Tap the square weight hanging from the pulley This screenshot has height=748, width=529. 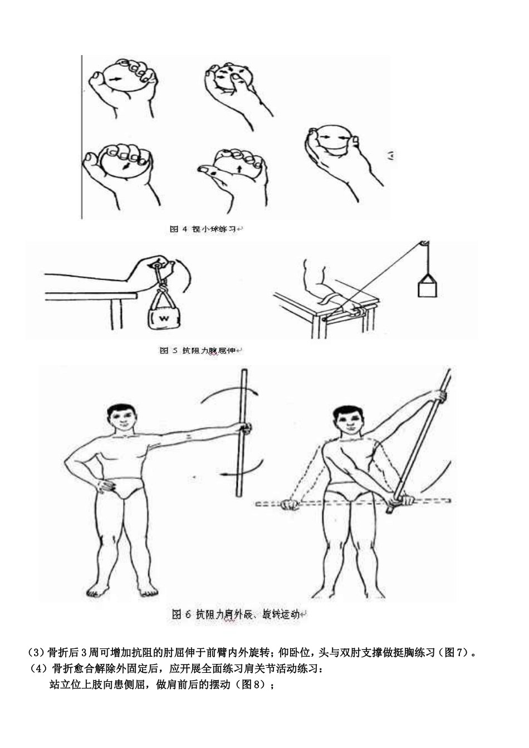click(x=427, y=287)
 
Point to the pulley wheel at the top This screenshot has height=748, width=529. click(x=424, y=243)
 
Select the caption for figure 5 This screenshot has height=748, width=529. click(x=201, y=351)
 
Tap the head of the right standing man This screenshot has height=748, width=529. click(x=347, y=421)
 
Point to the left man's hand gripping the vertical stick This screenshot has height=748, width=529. click(x=244, y=429)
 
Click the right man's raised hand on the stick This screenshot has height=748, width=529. click(x=440, y=396)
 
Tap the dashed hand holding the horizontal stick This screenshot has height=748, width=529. click(x=290, y=504)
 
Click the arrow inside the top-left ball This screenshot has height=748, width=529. click(x=115, y=80)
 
